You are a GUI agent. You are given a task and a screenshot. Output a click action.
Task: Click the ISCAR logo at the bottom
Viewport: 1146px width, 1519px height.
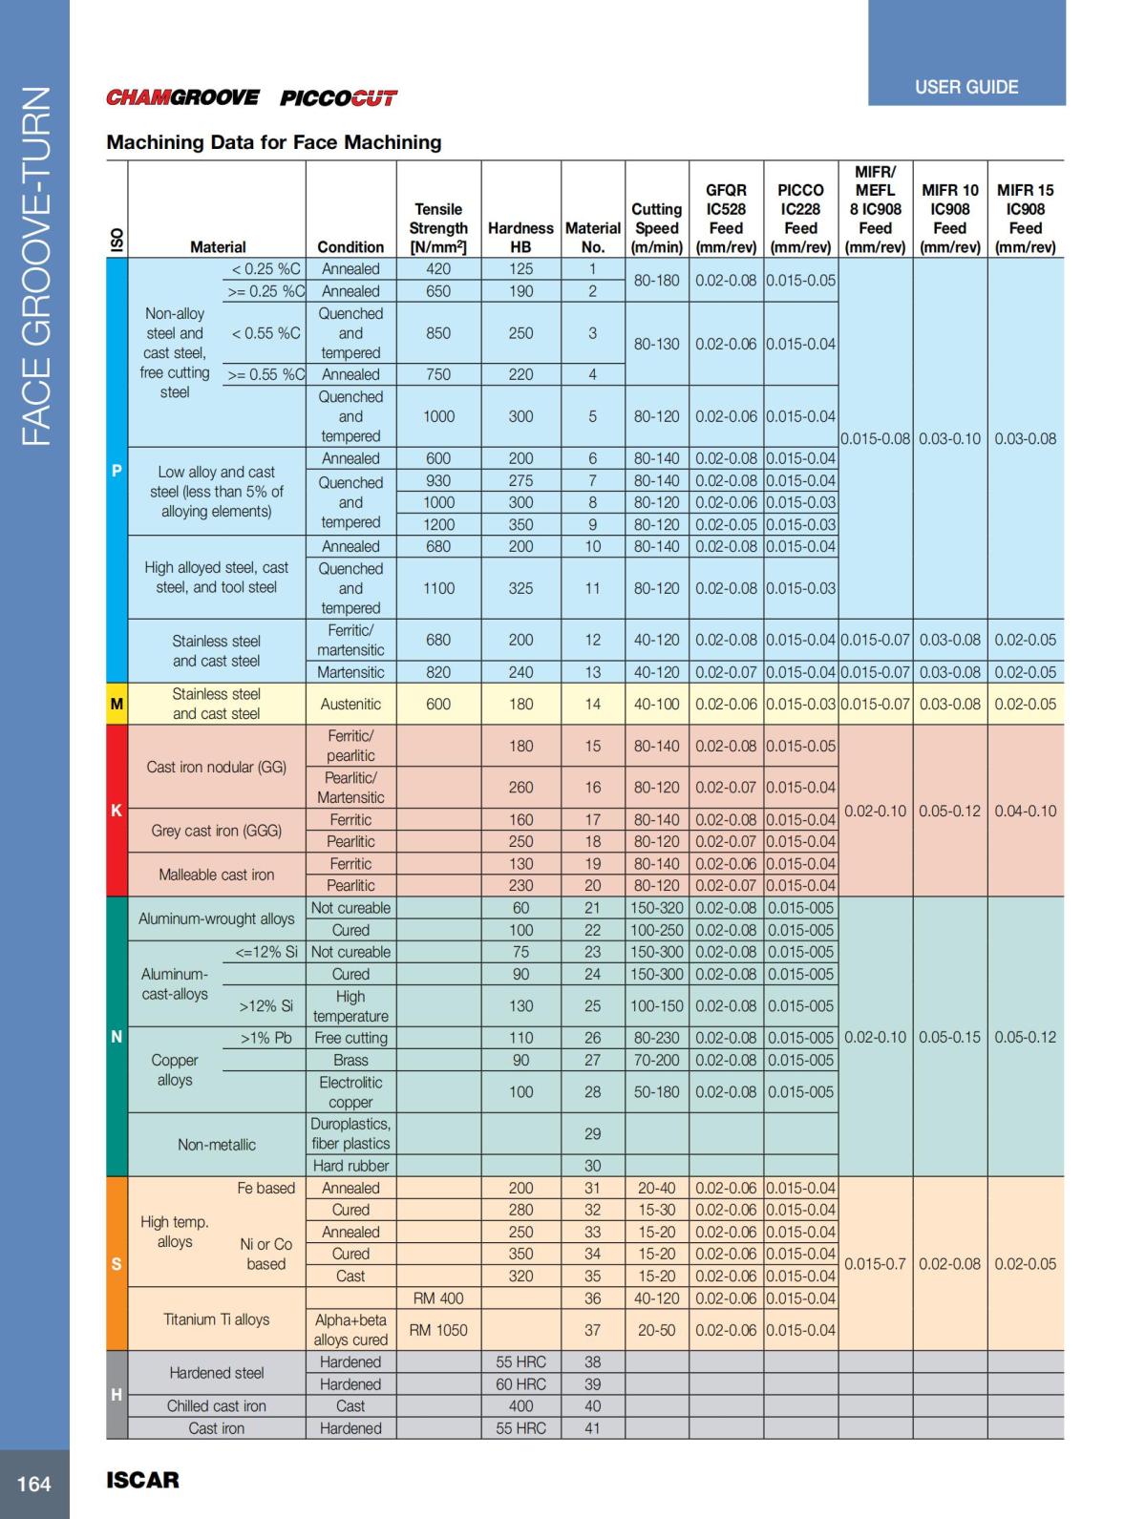pyautogui.click(x=142, y=1480)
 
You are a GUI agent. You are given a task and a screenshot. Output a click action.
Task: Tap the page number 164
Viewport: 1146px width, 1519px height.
pyautogui.click(x=34, y=1484)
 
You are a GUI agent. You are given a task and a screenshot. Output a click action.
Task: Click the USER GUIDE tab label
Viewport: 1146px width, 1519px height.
pyautogui.click(x=966, y=87)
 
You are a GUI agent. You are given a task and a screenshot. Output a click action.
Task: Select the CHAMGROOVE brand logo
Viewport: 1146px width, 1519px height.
pyautogui.click(x=182, y=97)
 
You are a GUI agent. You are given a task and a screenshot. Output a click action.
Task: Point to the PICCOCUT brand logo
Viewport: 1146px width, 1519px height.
pyautogui.click(x=338, y=97)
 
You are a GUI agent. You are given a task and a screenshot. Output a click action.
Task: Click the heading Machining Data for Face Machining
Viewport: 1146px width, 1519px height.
pyautogui.click(x=274, y=142)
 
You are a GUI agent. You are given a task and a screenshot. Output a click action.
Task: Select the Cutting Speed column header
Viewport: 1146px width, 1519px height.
pyautogui.click(x=656, y=227)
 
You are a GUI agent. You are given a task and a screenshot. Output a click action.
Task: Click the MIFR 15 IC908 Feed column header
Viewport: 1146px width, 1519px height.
pyautogui.click(x=1025, y=218)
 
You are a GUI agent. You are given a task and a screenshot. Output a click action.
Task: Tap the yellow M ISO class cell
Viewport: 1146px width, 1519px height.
pyautogui.click(x=117, y=705)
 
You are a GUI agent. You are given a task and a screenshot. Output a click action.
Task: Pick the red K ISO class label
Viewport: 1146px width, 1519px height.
pyautogui.click(x=117, y=811)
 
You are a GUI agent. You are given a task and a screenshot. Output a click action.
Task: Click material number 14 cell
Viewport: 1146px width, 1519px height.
pyautogui.click(x=592, y=705)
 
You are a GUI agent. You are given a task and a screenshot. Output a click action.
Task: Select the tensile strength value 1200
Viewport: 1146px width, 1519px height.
pyautogui.click(x=438, y=524)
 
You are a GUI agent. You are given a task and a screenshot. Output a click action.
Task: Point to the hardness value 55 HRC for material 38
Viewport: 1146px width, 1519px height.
pyautogui.click(x=520, y=1362)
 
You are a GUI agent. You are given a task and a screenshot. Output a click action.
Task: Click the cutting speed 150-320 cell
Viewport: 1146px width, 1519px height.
pyautogui.click(x=656, y=908)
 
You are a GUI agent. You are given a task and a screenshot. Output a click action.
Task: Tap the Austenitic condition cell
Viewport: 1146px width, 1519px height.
pyautogui.click(x=350, y=705)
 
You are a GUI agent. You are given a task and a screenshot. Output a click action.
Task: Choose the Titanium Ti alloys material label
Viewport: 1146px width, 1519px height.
pyautogui.click(x=217, y=1319)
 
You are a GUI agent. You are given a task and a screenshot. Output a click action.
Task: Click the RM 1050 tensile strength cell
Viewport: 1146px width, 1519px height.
pyautogui.click(x=438, y=1330)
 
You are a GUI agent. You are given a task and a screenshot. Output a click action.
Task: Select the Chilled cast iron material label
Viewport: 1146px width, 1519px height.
pyautogui.click(x=217, y=1406)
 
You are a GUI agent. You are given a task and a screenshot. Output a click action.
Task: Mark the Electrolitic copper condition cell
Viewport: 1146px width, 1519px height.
pyautogui.click(x=350, y=1092)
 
